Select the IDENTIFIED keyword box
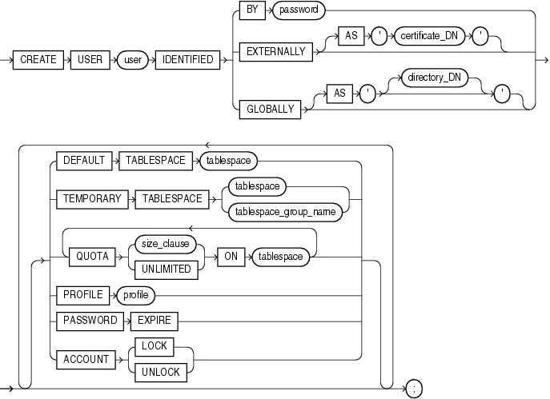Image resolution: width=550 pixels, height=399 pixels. click(x=189, y=60)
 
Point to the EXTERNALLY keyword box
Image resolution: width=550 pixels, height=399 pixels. click(x=275, y=51)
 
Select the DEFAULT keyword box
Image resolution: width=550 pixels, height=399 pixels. click(x=83, y=160)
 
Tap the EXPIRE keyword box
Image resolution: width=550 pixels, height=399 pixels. click(x=155, y=321)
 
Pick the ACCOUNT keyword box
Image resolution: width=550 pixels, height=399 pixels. click(x=86, y=360)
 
